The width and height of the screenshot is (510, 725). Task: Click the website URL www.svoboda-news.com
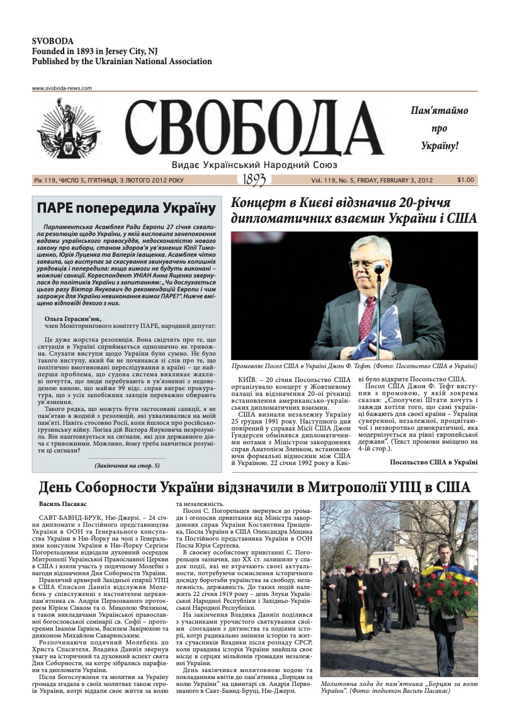coord(62,88)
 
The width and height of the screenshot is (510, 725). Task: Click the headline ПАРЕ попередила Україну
coord(126,208)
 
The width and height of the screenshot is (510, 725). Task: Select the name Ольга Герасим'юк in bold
coord(73,319)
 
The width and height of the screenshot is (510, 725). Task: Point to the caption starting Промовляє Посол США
coord(354,366)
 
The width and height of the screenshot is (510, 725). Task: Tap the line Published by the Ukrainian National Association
coord(122,62)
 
